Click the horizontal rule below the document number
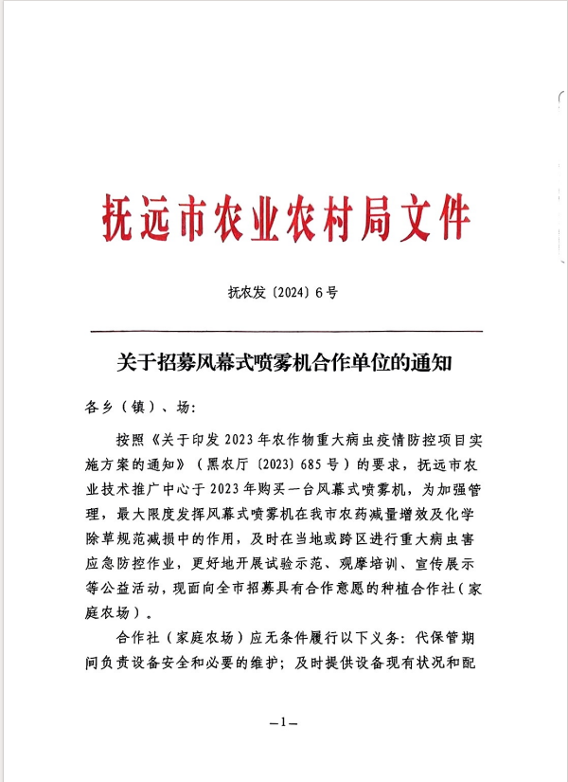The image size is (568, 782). tap(284, 331)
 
